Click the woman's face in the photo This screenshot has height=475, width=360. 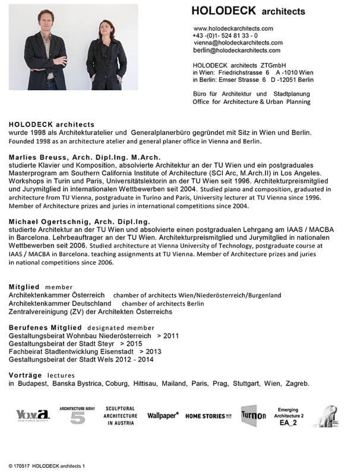pyautogui.click(x=108, y=30)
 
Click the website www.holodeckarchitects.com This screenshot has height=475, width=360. pyautogui.click(x=233, y=28)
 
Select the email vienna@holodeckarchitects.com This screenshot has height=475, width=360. pyautogui.click(x=238, y=43)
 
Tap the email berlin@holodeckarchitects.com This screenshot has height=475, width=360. pyautogui.click(x=236, y=50)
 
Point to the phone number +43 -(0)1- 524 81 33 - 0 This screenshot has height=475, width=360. pyautogui.click(x=225, y=36)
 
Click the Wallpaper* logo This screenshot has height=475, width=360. pyautogui.click(x=163, y=416)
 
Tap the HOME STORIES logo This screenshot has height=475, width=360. pyautogui.click(x=209, y=416)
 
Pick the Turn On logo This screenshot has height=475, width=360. pyautogui.click(x=253, y=416)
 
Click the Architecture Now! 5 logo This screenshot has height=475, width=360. pyautogui.click(x=77, y=416)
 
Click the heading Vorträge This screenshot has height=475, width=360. pyautogui.click(x=26, y=375)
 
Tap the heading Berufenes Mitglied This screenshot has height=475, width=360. pyautogui.click(x=45, y=327)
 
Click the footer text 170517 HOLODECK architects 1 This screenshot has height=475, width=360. pyautogui.click(x=47, y=467)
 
